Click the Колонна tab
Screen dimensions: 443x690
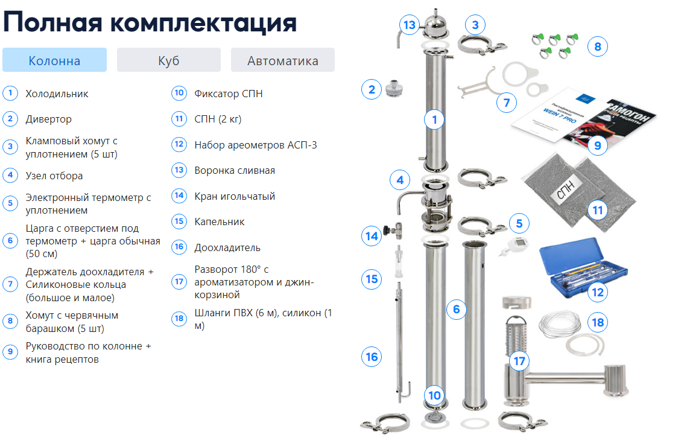[x=54, y=60]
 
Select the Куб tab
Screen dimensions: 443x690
[x=168, y=60]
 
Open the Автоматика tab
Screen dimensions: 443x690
[x=282, y=60]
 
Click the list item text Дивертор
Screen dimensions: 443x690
[x=48, y=119]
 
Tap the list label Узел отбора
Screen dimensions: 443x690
[x=54, y=176]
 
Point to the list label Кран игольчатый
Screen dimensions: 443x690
[x=235, y=196]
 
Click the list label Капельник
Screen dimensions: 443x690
[x=219, y=221]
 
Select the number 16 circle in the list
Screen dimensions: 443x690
[x=179, y=247]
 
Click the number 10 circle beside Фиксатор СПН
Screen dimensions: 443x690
[x=179, y=94]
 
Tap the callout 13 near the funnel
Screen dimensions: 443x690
[x=410, y=25]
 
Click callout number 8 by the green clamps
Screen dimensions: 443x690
[x=597, y=46]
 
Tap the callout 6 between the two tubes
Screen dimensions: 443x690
[x=457, y=310]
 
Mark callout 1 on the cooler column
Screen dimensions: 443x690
[x=434, y=120]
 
